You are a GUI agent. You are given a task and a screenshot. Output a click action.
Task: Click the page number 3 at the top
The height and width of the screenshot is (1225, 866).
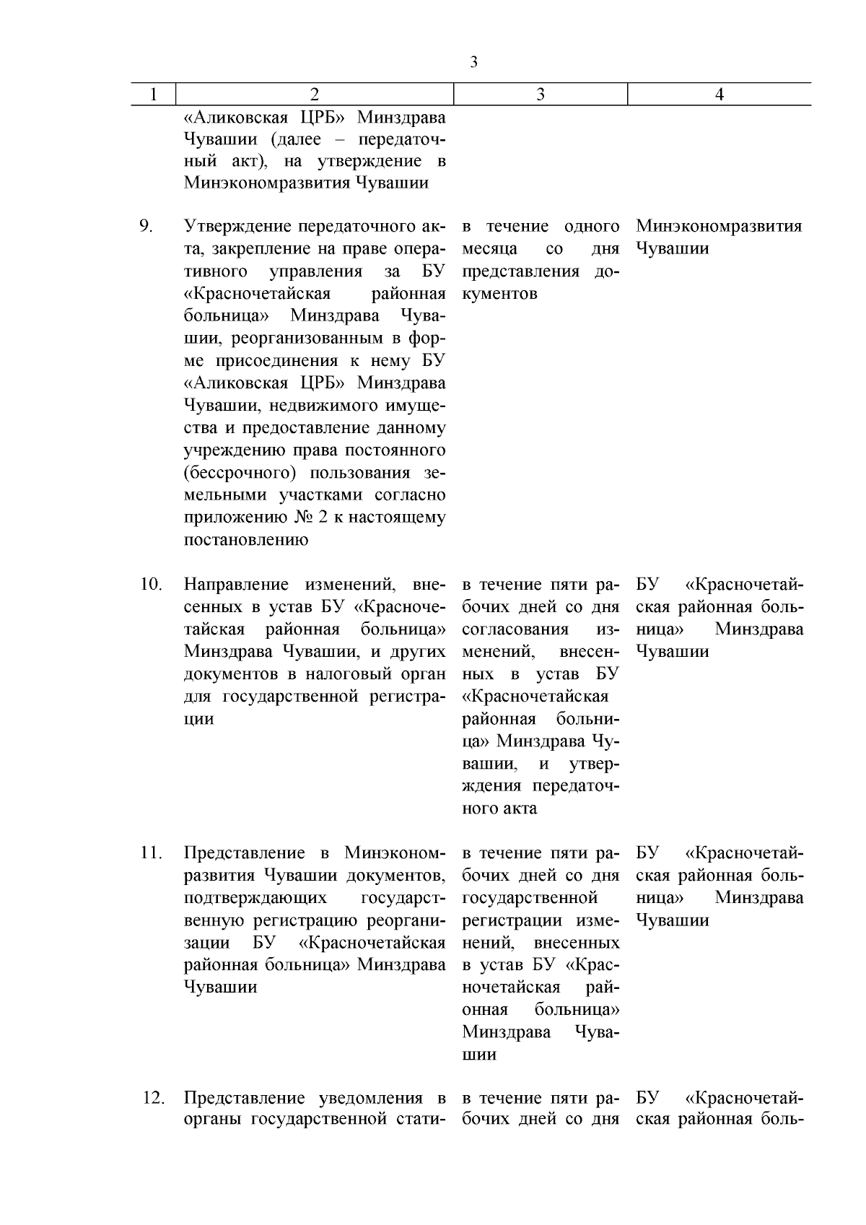point(473,62)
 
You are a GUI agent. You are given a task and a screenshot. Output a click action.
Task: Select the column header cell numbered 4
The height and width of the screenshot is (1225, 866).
point(719,95)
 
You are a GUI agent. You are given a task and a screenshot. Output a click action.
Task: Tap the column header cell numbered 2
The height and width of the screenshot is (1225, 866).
point(314,95)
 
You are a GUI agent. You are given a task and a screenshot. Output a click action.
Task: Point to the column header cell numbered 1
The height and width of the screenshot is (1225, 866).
point(153,95)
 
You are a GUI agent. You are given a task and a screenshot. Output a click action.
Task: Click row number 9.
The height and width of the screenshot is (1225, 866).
point(146,227)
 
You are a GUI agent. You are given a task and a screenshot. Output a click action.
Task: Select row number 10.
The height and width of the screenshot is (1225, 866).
point(151,584)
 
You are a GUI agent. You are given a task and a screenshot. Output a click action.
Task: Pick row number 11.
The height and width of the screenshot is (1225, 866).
point(151,853)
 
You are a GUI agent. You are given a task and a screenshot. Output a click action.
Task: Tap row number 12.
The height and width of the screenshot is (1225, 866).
point(153,1098)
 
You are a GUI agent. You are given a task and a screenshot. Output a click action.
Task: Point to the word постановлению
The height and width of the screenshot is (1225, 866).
point(246,540)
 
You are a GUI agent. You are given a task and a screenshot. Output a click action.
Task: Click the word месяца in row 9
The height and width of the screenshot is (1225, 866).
point(489,249)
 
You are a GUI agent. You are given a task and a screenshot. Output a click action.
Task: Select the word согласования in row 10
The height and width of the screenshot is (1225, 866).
point(515,629)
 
